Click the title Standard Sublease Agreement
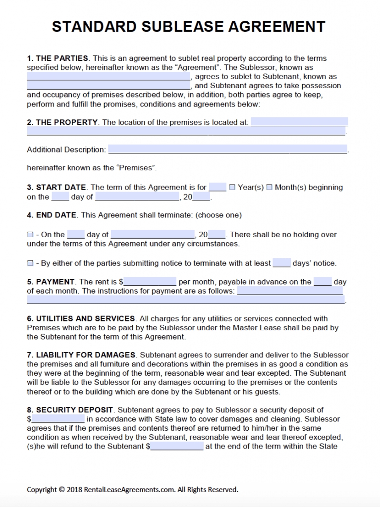[x=189, y=26]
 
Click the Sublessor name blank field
[x=109, y=77]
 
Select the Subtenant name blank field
[x=109, y=86]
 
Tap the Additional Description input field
[x=227, y=150]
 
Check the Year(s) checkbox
[x=232, y=188]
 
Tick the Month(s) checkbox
[x=269, y=188]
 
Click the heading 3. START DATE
[x=56, y=188]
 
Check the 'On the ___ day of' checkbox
[x=30, y=235]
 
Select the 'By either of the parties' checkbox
[x=30, y=263]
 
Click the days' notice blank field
[x=281, y=263]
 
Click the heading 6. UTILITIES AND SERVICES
[x=81, y=319]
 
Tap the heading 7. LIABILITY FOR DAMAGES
[x=81, y=355]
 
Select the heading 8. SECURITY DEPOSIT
[x=70, y=410]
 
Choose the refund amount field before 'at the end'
[x=176, y=447]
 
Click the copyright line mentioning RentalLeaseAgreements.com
[x=132, y=490]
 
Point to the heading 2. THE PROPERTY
[x=62, y=122]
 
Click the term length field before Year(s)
[x=217, y=188]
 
